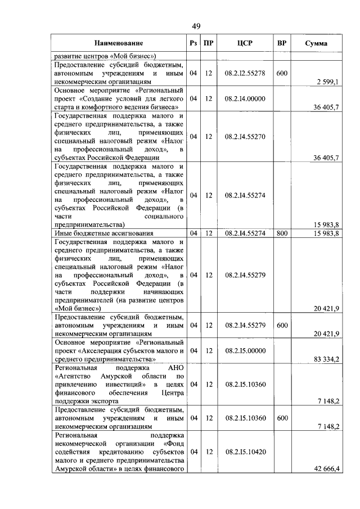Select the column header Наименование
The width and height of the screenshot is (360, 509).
118,43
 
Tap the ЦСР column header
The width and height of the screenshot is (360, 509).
244,43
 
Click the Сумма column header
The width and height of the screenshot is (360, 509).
317,43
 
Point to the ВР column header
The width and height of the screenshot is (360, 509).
282,43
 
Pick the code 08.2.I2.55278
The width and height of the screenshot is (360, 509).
244,73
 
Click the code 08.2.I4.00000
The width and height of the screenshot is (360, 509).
244,98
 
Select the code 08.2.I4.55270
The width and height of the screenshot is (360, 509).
244,136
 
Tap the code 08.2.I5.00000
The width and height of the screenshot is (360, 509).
244,350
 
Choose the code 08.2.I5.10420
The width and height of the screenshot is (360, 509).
244,452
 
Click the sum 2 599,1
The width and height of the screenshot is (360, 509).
327,82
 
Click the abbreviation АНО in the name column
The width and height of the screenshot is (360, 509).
176,367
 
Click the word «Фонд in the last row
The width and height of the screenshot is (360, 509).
173,443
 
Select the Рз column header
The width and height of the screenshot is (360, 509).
193,43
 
